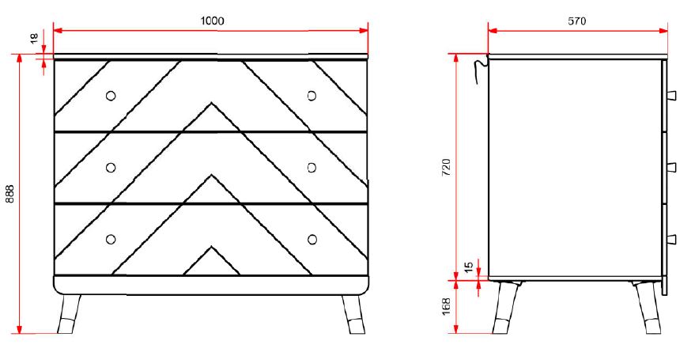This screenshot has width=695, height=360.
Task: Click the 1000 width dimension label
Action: pos(211,21)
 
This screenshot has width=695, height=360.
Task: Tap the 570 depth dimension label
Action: pos(577,21)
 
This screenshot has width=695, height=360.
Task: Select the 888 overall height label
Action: pos(10,195)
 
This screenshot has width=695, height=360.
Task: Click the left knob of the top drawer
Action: pos(111,96)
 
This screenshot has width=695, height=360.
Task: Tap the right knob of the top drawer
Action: pos(312,96)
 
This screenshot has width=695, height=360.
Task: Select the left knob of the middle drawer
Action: pos(111,167)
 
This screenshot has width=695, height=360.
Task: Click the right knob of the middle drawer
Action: pos(312,167)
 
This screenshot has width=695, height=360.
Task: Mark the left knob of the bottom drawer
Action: pos(111,239)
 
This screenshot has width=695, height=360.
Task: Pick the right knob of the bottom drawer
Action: pos(312,239)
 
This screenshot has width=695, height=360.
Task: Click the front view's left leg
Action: pos(70,313)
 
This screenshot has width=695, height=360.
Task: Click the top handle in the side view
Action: pos(671,96)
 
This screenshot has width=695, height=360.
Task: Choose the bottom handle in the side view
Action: pos(671,239)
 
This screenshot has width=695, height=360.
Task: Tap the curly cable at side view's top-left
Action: pos(478,69)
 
